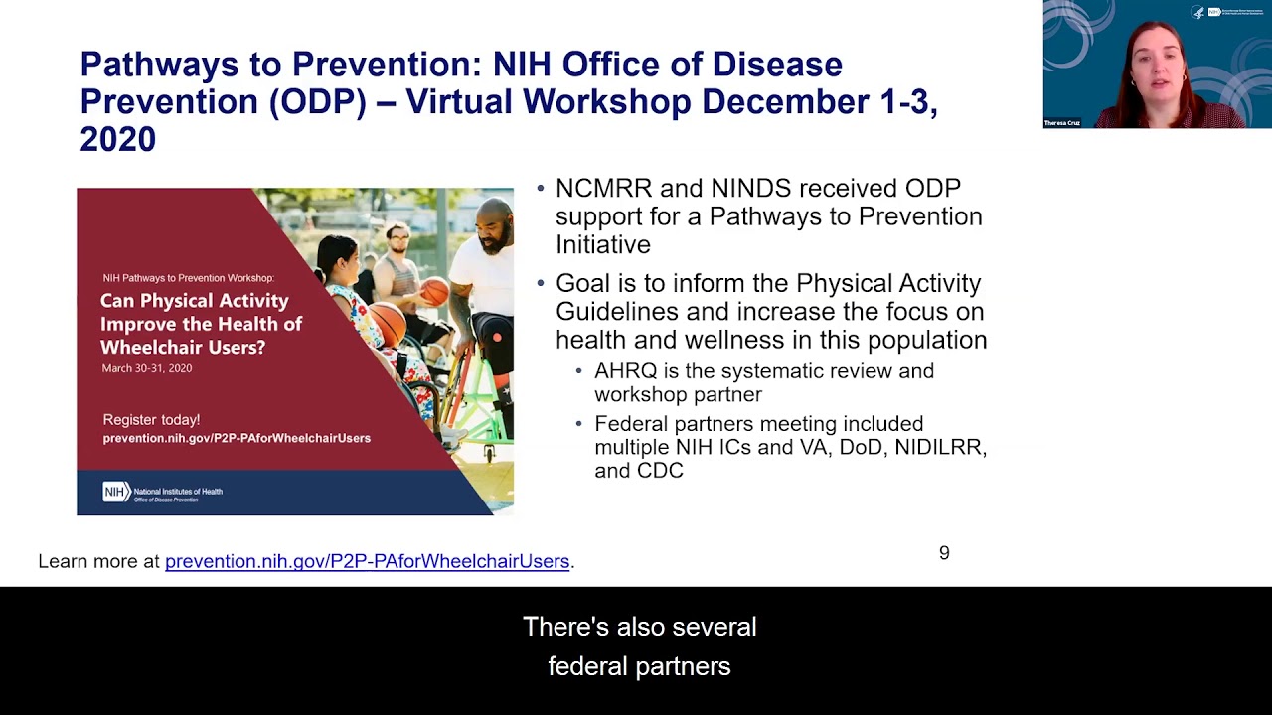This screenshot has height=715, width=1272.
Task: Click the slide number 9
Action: pyautogui.click(x=944, y=553)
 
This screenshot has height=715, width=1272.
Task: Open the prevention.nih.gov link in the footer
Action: pyautogui.click(x=367, y=561)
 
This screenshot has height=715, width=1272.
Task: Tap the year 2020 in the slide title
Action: pyautogui.click(x=117, y=140)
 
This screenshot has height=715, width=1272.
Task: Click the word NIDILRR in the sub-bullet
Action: pyautogui.click(x=939, y=448)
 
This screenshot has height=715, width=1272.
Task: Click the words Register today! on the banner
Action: pyautogui.click(x=151, y=420)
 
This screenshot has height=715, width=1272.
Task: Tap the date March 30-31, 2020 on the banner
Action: pyautogui.click(x=147, y=368)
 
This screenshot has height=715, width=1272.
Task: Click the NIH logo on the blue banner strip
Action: pyautogui.click(x=116, y=492)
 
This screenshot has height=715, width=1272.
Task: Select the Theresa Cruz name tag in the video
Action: pyautogui.click(x=1061, y=123)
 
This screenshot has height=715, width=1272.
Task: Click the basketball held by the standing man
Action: pyautogui.click(x=434, y=291)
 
